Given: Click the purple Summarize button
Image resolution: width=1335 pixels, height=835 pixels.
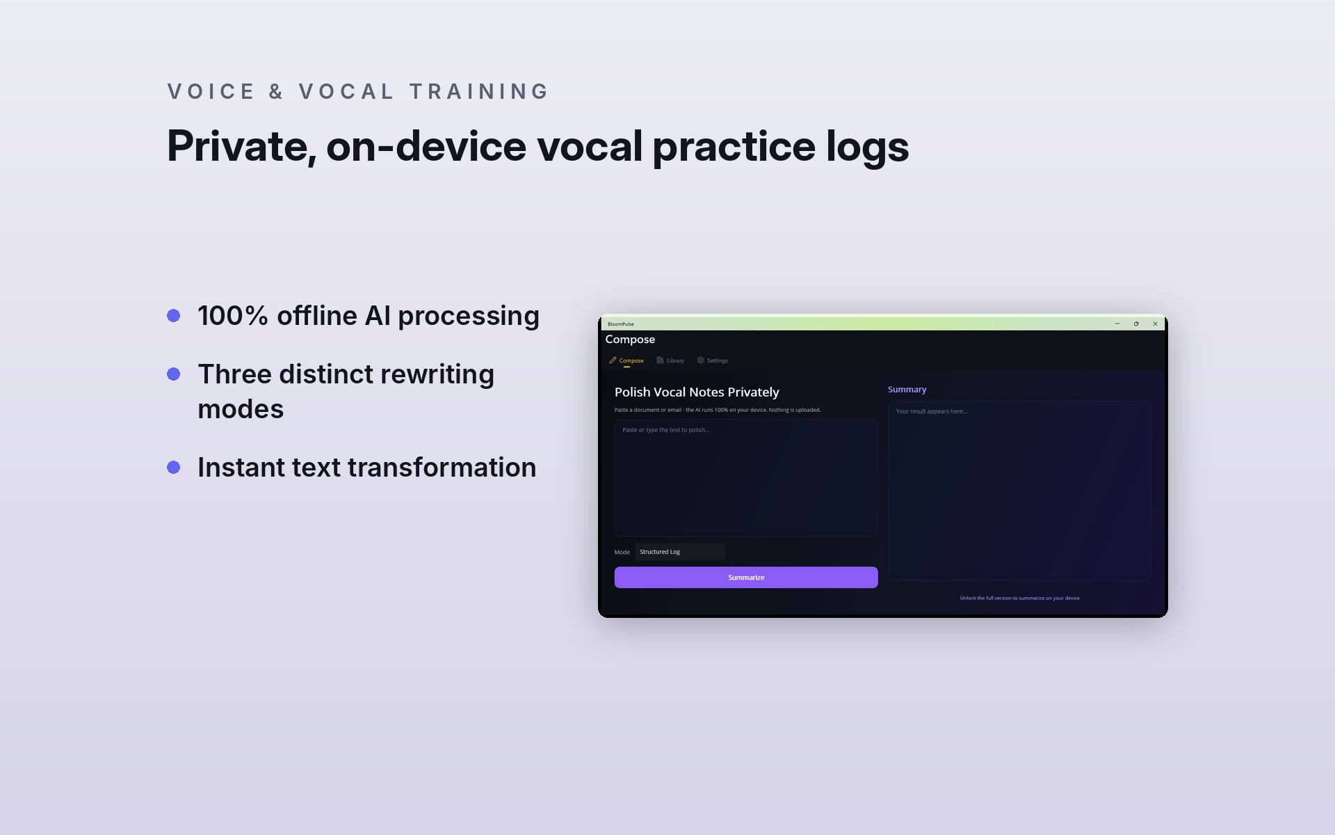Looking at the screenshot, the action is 746,578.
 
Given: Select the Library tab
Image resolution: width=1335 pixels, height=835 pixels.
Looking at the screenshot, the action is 670,360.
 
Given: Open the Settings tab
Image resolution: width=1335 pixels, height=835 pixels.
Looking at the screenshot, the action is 713,360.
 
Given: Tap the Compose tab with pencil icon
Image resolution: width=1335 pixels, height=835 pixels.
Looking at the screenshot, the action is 626,360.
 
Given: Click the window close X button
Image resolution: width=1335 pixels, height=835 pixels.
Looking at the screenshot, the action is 1155,324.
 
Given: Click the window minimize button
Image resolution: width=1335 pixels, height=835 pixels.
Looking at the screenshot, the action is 1117,324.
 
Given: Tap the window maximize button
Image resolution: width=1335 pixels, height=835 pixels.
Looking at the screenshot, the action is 1136,324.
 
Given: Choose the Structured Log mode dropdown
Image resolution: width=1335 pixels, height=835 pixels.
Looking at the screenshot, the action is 680,552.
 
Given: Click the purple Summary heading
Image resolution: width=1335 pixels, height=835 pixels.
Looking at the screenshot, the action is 907,390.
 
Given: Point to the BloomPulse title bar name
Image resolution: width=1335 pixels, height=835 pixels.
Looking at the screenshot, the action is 621,324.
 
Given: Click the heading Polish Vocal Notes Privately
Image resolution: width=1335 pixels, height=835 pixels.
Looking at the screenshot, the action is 697,392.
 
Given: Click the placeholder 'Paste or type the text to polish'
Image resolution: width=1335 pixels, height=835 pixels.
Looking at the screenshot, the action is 666,430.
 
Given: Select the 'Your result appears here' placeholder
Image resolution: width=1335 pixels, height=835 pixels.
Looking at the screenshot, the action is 932,411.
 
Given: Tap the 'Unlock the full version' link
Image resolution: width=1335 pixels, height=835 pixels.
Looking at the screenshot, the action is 1020,598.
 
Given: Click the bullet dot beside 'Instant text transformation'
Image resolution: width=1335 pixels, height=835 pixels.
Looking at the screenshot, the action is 174,468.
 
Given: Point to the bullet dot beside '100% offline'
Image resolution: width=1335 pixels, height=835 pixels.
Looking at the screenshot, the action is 174,316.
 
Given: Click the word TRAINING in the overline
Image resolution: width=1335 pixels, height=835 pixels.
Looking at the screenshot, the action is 479,92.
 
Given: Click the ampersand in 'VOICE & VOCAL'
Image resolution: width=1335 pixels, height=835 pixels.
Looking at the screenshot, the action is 277,92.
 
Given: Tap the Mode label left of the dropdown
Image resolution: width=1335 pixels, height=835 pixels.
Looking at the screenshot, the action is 622,552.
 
